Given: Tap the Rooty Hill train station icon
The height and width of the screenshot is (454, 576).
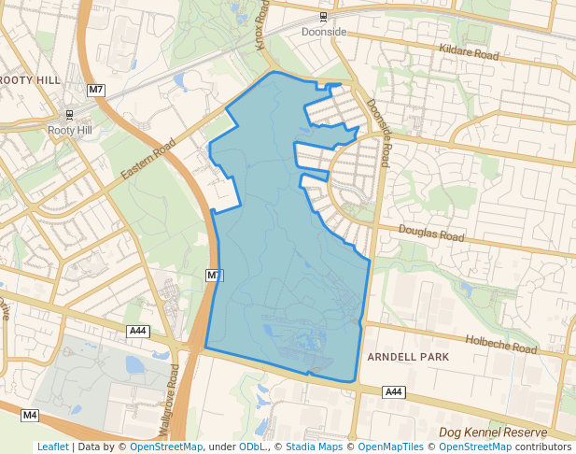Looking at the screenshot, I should click(x=69, y=115).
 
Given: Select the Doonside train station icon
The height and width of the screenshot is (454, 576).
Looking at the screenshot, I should click(x=323, y=17).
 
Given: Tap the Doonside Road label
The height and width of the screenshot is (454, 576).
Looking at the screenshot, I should click(x=378, y=130).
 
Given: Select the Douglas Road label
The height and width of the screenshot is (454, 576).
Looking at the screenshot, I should click(x=430, y=233).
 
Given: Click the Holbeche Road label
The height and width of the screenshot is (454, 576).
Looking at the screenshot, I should click(x=501, y=344).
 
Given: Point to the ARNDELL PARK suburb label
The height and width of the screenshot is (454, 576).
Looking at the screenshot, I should click(x=408, y=357).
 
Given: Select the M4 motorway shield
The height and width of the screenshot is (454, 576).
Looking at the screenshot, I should click(x=30, y=414).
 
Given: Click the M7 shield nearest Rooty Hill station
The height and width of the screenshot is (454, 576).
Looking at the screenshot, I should click(x=95, y=89).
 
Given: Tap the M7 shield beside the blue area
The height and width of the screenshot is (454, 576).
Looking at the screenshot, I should click(x=215, y=275).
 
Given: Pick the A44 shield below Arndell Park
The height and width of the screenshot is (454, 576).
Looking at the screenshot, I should click(x=394, y=391).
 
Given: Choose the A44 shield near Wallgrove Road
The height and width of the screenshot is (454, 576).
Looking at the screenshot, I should click(x=138, y=331).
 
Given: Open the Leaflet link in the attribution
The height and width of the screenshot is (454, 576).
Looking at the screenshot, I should click(x=52, y=447).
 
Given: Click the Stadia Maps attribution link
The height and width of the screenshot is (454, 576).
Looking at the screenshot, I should click(x=314, y=447).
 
